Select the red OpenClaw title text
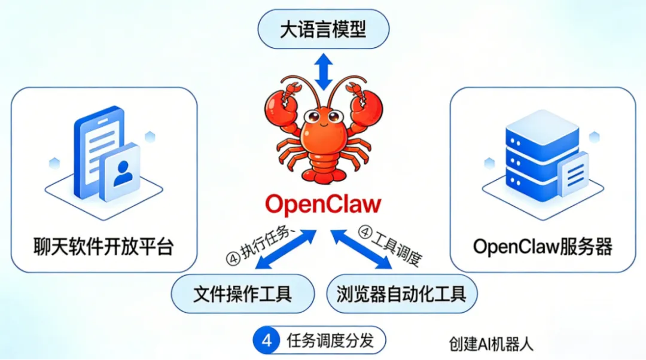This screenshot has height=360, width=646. (x=323, y=204)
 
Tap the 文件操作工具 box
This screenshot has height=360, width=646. (x=242, y=294)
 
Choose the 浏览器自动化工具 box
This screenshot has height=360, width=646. (x=401, y=294)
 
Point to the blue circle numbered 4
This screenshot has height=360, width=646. (x=267, y=341)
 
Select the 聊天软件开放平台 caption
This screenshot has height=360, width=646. (x=103, y=246)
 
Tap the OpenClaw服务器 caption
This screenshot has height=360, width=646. (x=543, y=246)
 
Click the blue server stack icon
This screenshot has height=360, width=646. (x=534, y=152)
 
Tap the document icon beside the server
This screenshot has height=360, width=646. (x=575, y=173)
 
